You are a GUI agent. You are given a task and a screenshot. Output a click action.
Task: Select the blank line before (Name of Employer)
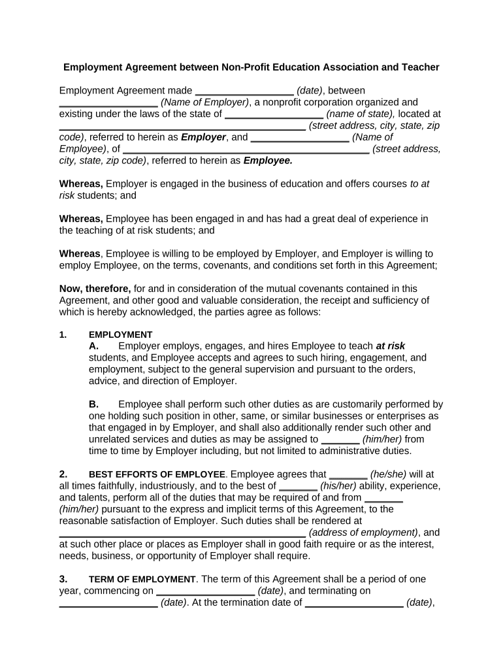click(108, 103)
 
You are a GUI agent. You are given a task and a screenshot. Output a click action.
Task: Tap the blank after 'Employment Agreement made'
click(244, 91)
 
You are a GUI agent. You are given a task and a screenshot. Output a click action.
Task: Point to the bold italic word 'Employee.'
click(268, 160)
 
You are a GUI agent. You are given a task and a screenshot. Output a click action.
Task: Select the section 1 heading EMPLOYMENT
click(120, 335)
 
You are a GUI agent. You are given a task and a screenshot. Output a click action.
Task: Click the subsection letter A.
click(93, 346)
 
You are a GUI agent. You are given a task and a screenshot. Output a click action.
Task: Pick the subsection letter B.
click(93, 404)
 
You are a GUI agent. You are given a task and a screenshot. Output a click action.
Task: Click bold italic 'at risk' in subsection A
click(390, 346)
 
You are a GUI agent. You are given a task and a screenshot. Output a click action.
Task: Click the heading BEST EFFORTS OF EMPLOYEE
click(157, 475)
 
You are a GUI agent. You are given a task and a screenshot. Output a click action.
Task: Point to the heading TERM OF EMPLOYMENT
click(142, 579)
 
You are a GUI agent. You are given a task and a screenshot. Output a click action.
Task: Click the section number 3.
click(63, 579)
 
